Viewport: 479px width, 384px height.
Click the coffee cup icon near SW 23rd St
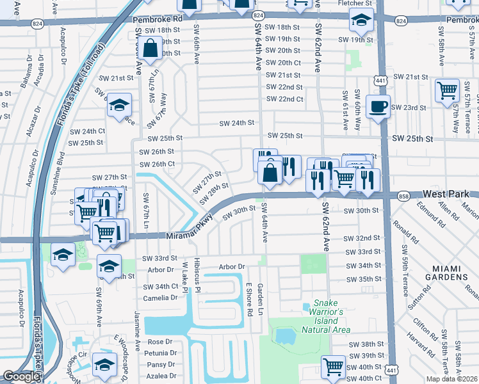pyautogui.click(x=378, y=106)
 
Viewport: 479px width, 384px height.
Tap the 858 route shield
pyautogui.click(x=403, y=196)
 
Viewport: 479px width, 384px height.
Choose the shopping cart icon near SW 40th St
pyautogui.click(x=333, y=367)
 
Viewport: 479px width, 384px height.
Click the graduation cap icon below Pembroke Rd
pyautogui.click(x=361, y=21)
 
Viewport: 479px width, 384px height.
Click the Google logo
pyautogui.click(x=21, y=376)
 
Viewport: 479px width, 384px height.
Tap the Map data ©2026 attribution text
pyautogui.click(x=451, y=379)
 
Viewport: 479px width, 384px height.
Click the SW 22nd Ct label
pyautogui.click(x=284, y=99)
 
